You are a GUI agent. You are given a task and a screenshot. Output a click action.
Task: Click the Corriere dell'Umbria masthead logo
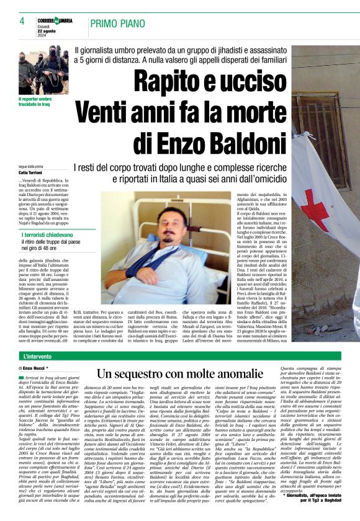pyautogui.click(x=55, y=20)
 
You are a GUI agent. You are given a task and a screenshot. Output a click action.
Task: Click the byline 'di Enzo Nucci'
pyautogui.click(x=34, y=368)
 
